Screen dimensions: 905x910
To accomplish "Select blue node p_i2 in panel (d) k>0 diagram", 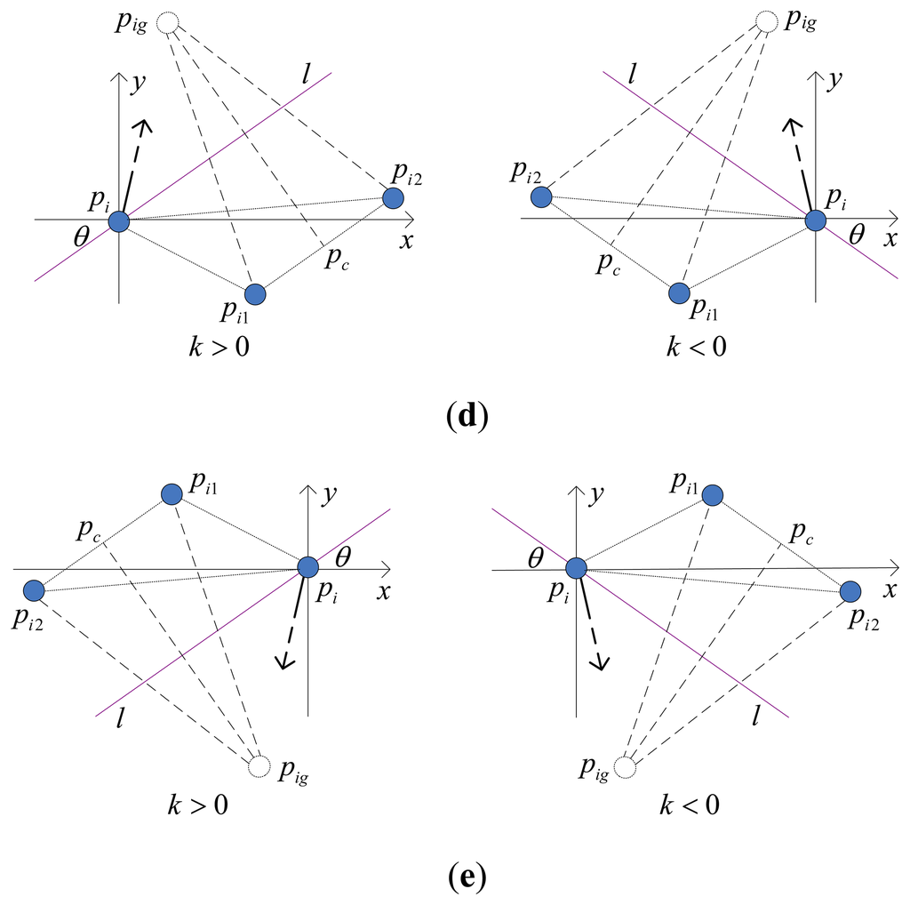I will (392, 199).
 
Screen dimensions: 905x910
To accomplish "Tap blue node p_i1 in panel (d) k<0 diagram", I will (679, 292).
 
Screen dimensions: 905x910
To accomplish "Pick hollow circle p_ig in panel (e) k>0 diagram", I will (259, 765).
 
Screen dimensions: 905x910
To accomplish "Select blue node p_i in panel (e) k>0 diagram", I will (307, 566).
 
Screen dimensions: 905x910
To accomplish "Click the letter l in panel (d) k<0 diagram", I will (632, 72).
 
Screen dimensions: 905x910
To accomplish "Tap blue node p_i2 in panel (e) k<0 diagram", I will (850, 591).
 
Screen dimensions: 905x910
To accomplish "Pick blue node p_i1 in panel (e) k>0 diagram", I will (172, 494).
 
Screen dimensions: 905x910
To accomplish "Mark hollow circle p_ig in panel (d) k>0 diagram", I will (166, 21).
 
